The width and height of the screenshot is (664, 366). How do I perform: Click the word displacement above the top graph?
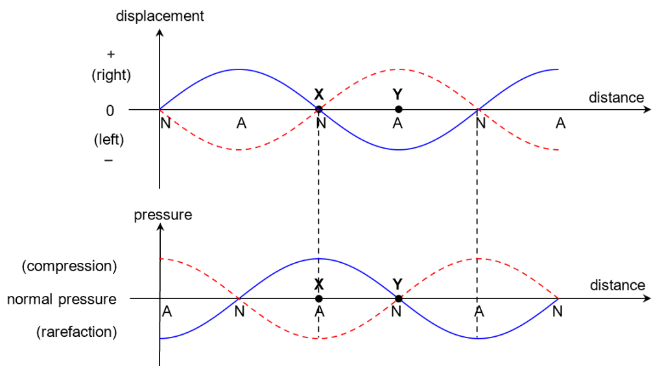pyautogui.click(x=160, y=16)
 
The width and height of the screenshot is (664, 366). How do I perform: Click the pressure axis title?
pyautogui.click(x=163, y=215)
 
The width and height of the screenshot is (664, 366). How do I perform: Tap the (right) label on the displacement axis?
pyautogui.click(x=112, y=75)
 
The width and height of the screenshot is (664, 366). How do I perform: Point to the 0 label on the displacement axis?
pyautogui.click(x=110, y=110)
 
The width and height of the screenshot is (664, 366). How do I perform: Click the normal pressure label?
pyautogui.click(x=62, y=299)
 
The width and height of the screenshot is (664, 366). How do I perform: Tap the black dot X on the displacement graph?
pyautogui.click(x=318, y=109)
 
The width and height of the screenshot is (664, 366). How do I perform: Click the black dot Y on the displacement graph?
pyautogui.click(x=398, y=109)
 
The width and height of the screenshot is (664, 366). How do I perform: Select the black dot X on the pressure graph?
pyautogui.click(x=318, y=299)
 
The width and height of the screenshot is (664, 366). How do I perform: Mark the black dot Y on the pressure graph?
pyautogui.click(x=398, y=299)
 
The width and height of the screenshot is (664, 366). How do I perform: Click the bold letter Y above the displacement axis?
pyautogui.click(x=398, y=94)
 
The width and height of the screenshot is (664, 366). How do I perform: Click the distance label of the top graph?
pyautogui.click(x=616, y=98)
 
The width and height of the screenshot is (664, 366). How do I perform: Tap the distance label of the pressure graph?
pyautogui.click(x=617, y=286)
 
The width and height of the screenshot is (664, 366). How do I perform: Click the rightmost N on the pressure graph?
pyautogui.click(x=558, y=311)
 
